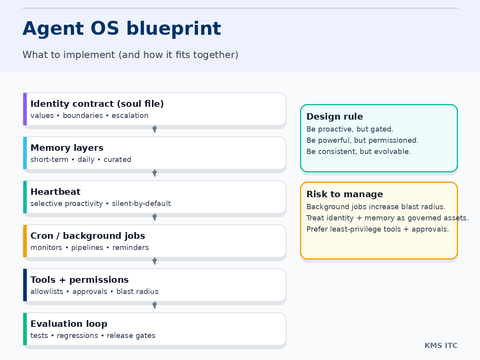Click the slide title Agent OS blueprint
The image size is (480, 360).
coord(122,29)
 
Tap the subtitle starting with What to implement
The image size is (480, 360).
coord(130,55)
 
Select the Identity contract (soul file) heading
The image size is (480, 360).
coord(97,104)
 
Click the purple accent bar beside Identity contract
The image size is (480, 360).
coord(25,109)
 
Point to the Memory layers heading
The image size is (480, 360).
coord(67,148)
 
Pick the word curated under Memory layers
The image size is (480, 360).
coord(117,160)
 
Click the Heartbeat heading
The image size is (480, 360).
coord(55,192)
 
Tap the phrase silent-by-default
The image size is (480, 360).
coord(141,204)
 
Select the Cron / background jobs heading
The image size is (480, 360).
coord(88,236)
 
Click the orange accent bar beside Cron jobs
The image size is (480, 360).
coord(25,241)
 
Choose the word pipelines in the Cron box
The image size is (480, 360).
coord(86,248)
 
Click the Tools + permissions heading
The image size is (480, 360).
coord(80,280)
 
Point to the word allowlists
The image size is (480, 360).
coord(47,292)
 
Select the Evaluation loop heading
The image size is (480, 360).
coord(69,324)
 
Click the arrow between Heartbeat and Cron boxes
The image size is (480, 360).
coord(155,217)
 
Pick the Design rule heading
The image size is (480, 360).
coord(335,117)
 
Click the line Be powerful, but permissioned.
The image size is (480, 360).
coord(362,140)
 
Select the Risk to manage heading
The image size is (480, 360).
coord(345,194)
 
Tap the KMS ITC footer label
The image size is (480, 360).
coord(441,346)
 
